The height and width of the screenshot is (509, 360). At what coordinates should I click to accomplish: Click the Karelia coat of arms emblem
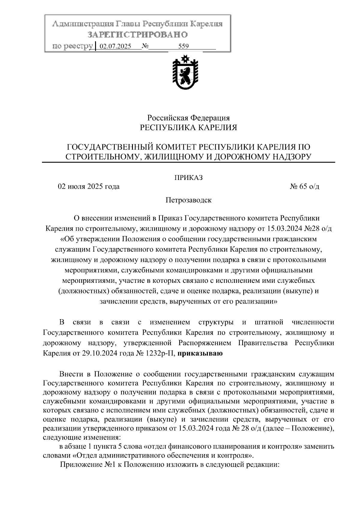[184, 72]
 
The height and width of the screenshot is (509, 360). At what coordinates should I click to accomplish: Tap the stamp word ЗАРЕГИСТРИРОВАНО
[138, 35]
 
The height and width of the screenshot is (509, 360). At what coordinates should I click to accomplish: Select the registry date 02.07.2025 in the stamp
[115, 46]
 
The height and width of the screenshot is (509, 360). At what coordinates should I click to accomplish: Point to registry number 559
[183, 46]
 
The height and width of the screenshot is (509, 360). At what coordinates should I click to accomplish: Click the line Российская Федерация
[188, 118]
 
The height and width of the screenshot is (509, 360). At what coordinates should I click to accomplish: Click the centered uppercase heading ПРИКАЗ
[189, 178]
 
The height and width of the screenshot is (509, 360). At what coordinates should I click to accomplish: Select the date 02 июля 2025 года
[89, 187]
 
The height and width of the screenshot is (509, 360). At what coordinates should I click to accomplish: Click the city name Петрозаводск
[189, 200]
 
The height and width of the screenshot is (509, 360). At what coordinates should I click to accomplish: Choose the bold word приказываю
[200, 353]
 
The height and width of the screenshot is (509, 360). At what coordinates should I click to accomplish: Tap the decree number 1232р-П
[159, 353]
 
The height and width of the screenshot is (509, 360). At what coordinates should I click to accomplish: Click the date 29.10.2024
[99, 353]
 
